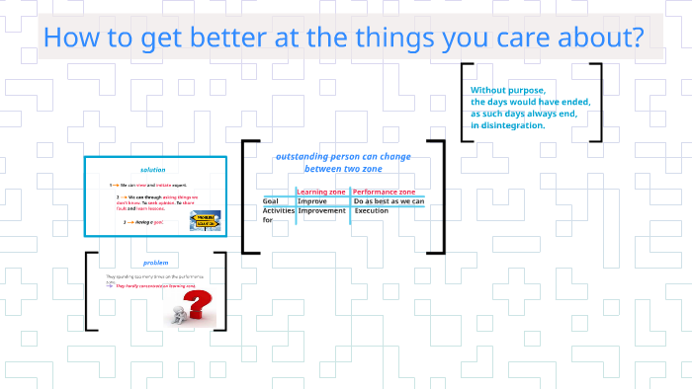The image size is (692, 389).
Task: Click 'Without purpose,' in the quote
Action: (507, 90)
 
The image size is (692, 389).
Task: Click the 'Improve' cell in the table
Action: (312, 201)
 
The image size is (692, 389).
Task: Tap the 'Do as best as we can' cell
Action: (389, 201)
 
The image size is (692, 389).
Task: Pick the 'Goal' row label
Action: (270, 201)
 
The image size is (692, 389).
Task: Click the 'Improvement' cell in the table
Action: (321, 211)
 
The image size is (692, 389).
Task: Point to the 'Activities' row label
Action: (278, 211)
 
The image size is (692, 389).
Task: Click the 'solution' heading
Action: (153, 170)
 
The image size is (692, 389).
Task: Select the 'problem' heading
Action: (156, 263)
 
